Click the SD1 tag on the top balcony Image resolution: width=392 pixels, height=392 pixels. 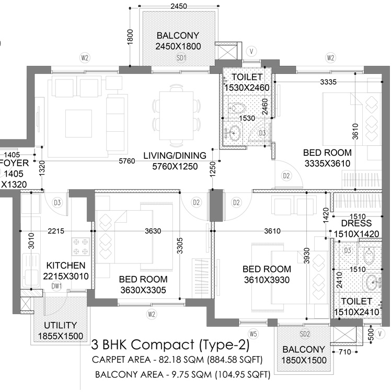tap(181, 59)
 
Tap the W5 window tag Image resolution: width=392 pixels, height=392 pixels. tap(253, 333)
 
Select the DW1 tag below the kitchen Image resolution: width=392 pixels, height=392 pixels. tap(57, 285)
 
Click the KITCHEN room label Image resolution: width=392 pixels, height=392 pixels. tap(65, 266)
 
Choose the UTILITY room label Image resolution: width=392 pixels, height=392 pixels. tap(60, 325)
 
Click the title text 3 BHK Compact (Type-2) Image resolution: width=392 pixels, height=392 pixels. tap(170, 345)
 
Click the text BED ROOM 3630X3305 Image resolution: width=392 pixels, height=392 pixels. tap(143, 284)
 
